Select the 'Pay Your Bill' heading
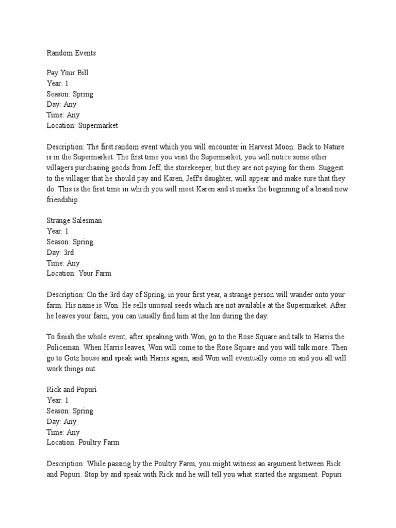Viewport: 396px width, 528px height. [x=67, y=73]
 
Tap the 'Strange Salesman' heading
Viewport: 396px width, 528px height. [x=74, y=220]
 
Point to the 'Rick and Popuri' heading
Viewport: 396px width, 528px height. [x=72, y=389]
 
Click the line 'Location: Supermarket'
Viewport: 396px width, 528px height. [x=82, y=125]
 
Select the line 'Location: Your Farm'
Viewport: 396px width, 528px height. [x=79, y=273]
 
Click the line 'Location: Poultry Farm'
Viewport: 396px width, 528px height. [x=83, y=442]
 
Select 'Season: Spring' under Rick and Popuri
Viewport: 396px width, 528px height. [x=70, y=410]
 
